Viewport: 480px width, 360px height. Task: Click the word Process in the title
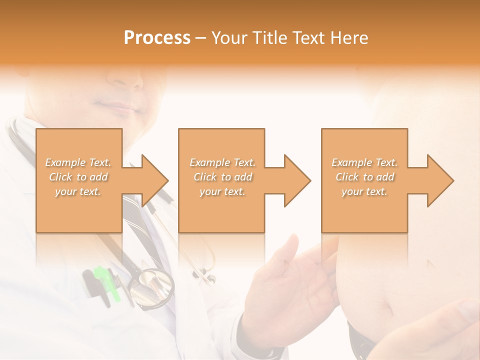click(x=157, y=38)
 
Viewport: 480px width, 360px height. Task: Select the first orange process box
click(x=79, y=210)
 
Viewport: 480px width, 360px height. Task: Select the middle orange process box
click(x=221, y=210)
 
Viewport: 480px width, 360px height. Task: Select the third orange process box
click(x=364, y=210)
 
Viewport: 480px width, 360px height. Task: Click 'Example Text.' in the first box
click(x=78, y=162)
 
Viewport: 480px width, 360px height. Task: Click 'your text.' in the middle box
click(x=222, y=191)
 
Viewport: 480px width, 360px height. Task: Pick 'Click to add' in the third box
click(x=364, y=177)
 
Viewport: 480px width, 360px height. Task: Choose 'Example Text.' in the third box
click(x=364, y=162)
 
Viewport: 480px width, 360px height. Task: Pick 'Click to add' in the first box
click(x=78, y=177)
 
